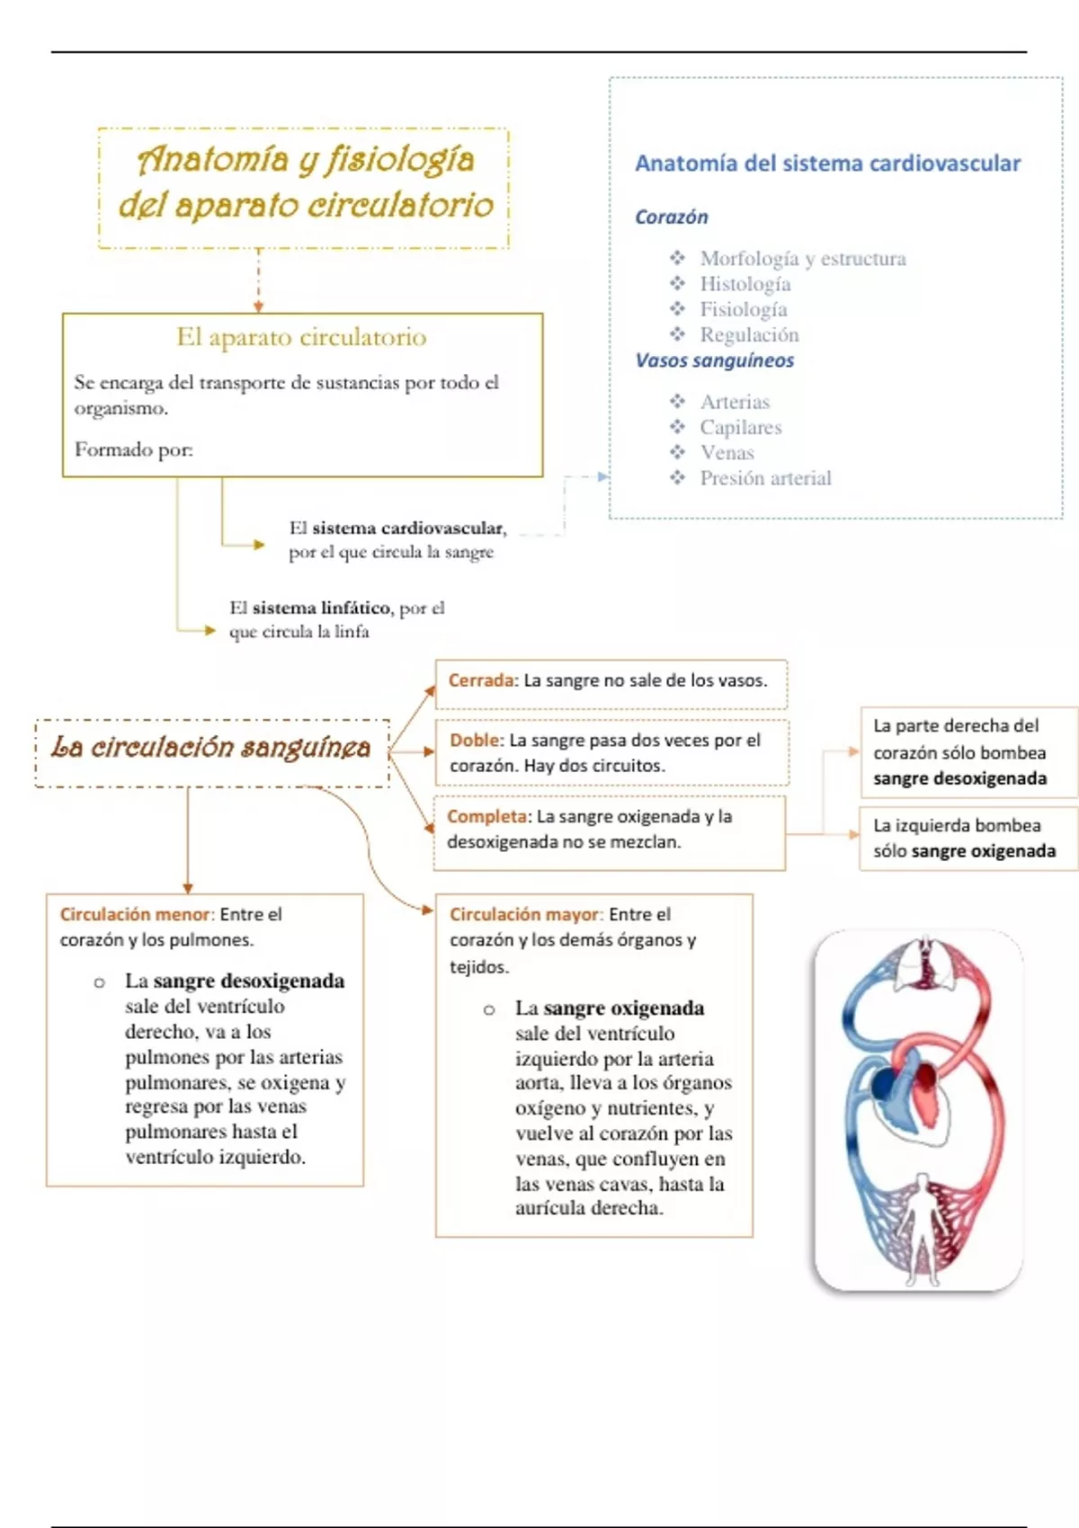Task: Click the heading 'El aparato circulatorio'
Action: [301, 337]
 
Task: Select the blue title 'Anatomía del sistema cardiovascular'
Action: [827, 164]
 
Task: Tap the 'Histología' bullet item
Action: [745, 284]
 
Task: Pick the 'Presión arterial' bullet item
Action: [765, 478]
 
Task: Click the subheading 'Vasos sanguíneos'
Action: [715, 360]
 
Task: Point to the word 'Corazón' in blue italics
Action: [671, 218]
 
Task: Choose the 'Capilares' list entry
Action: [740, 428]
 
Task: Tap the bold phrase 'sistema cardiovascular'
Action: [408, 529]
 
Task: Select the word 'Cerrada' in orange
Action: [481, 680]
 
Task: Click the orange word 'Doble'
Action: [475, 740]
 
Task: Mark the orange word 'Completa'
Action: [487, 816]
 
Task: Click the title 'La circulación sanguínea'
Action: [211, 748]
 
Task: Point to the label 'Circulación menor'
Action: [135, 914]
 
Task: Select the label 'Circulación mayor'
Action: [524, 914]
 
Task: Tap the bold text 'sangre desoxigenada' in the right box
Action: [959, 778]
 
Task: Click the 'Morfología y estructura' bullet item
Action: [802, 259]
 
